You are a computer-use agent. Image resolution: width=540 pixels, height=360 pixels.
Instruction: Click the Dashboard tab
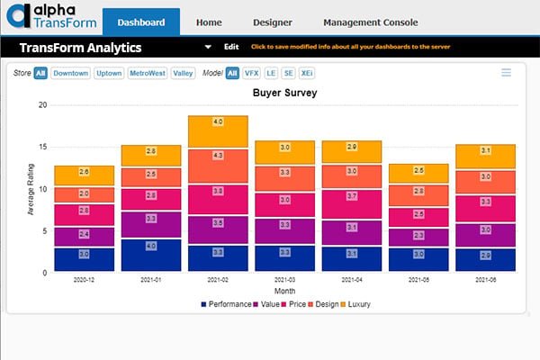141,22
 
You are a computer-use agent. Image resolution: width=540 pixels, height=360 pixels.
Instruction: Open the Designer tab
271,22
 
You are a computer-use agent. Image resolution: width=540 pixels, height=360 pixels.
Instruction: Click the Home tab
209,22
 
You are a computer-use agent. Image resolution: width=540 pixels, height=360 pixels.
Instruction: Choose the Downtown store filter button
70,73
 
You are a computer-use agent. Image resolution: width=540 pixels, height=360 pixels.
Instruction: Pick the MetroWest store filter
148,73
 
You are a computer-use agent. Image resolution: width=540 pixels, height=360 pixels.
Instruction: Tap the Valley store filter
184,73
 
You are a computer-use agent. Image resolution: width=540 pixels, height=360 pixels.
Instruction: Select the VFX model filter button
253,73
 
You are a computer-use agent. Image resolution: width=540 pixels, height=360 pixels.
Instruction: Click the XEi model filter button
306,73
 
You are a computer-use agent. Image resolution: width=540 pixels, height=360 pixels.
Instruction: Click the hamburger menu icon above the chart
506,73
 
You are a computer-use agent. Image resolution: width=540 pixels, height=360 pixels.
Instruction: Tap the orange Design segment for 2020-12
85,194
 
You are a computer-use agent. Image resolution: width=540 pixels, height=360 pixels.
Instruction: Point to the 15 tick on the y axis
41,147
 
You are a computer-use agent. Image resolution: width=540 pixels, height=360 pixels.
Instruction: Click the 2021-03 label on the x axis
284,281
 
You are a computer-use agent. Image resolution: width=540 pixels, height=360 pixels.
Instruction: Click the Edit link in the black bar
231,46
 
